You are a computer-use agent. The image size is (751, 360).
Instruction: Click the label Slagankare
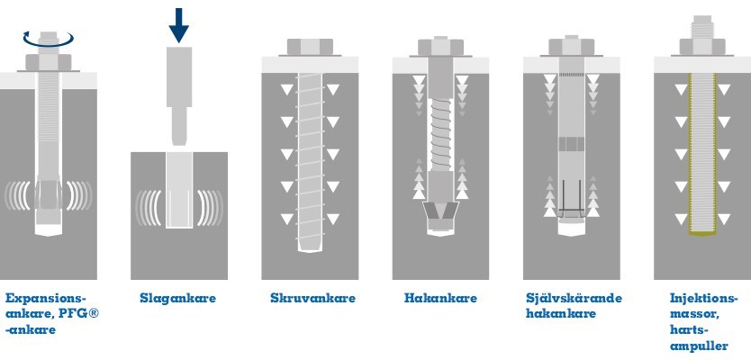tap(177, 298)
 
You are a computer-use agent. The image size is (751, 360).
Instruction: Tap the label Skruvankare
tap(312, 298)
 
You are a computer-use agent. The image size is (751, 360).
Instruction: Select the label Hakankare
tap(440, 298)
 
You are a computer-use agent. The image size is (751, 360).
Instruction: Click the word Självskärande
tap(574, 298)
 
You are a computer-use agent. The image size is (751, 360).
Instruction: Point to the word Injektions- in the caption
tap(703, 298)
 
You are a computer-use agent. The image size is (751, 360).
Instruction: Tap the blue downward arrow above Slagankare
tap(179, 24)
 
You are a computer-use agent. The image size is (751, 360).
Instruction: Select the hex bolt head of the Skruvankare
tap(310, 49)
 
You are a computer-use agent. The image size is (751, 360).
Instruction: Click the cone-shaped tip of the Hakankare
tap(439, 214)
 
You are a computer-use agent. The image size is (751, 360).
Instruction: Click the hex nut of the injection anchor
tap(703, 45)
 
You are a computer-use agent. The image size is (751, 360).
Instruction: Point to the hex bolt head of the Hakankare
tap(439, 49)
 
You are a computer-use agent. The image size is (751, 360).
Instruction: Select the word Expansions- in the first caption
tap(45, 298)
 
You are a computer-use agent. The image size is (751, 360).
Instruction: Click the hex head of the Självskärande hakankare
tap(573, 48)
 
